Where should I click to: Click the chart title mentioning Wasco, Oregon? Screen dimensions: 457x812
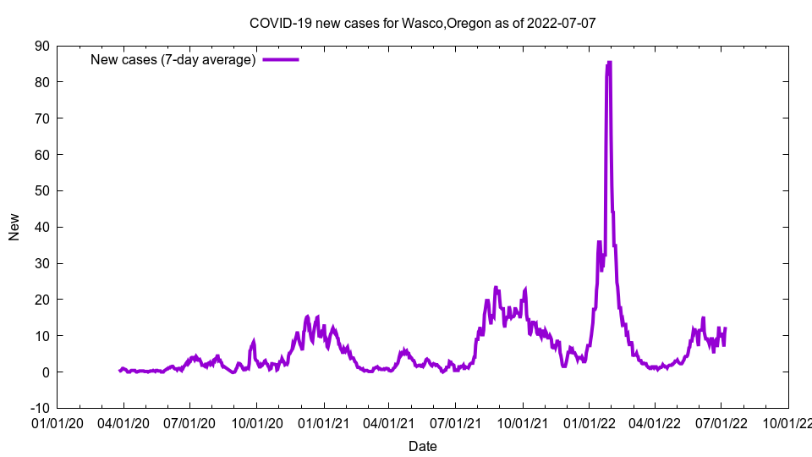pyautogui.click(x=422, y=23)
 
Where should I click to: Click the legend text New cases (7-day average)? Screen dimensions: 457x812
pyautogui.click(x=173, y=59)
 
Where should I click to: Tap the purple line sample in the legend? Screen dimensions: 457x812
pyautogui.click(x=281, y=59)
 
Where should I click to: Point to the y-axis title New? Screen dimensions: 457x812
pyautogui.click(x=14, y=227)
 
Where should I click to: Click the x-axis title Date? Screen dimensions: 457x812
pyautogui.click(x=422, y=446)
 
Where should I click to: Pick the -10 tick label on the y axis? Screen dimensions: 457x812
pyautogui.click(x=39, y=408)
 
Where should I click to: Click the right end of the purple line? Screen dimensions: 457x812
pyautogui.click(x=725, y=328)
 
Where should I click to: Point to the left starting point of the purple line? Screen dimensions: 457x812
pyautogui.click(x=119, y=371)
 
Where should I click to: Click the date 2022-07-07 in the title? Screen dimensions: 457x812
pyautogui.click(x=561, y=23)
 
